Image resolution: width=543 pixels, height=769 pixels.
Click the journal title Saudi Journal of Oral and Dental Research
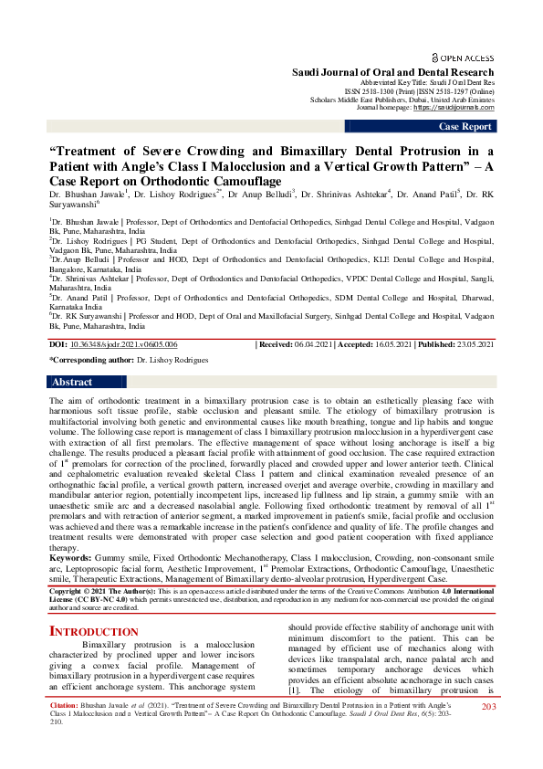pyautogui.click(x=392, y=72)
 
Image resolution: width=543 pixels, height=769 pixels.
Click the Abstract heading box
pyautogui.click(x=72, y=407)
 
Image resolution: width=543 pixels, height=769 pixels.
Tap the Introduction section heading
pyautogui.click(x=93, y=631)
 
